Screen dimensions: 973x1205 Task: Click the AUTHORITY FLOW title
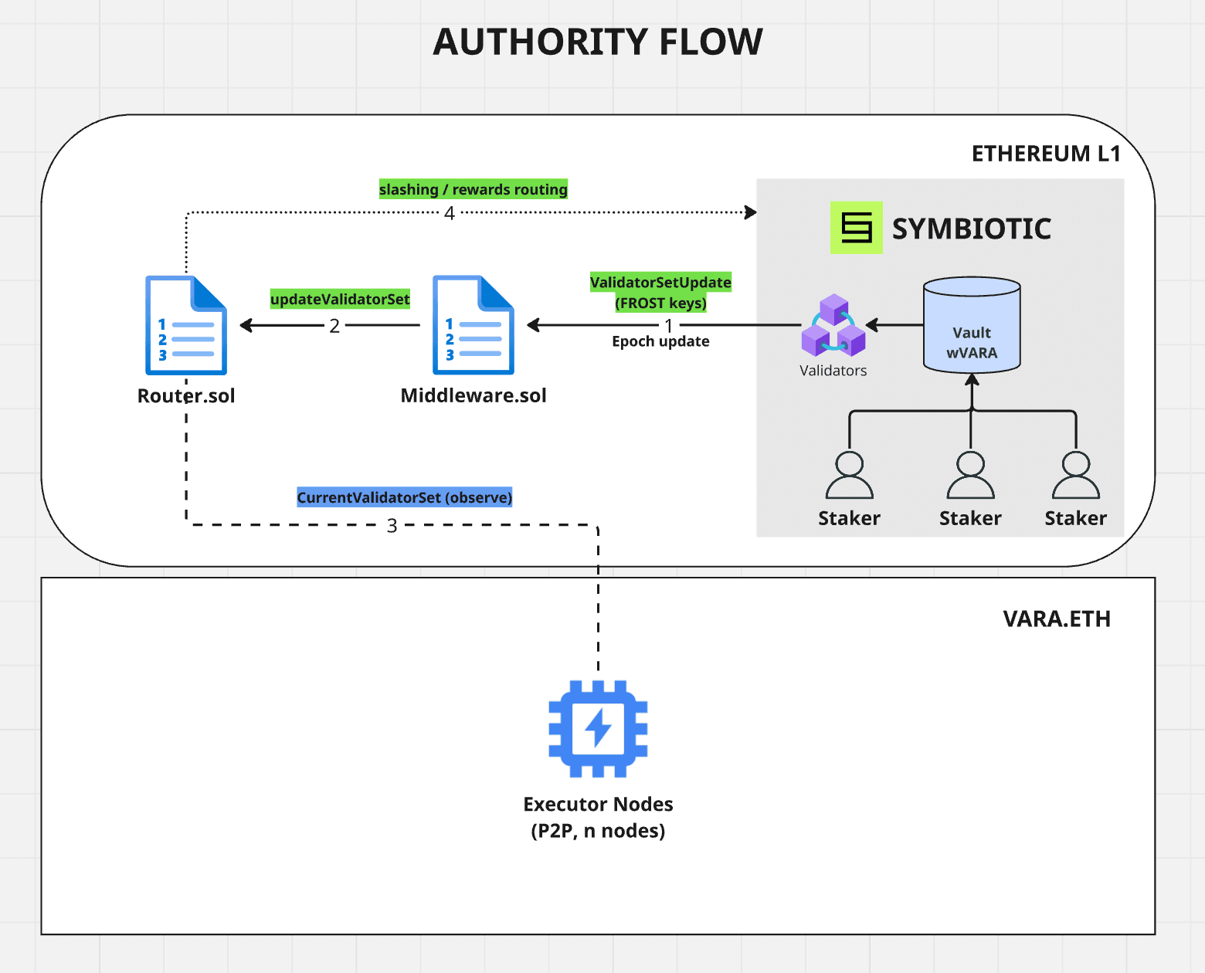pos(597,42)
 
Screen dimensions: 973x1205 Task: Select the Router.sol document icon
pos(186,325)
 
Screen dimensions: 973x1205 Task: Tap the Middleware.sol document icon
pos(473,325)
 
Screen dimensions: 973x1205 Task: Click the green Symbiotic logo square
pos(856,228)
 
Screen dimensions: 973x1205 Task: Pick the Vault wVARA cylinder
pos(972,325)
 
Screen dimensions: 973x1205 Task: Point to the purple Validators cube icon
pos(833,325)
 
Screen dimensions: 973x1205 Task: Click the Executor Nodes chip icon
pos(598,728)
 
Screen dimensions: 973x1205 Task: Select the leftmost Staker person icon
pos(849,476)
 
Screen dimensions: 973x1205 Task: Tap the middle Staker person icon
pos(970,476)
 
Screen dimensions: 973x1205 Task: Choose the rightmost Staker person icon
pos(1075,476)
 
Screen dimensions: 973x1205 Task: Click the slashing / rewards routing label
pos(473,189)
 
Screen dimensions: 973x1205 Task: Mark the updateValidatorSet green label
pos(340,299)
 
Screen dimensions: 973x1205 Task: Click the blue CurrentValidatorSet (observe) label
pos(404,497)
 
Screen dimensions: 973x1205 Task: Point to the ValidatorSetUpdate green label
pos(660,283)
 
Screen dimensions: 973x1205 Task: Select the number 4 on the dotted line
pos(450,213)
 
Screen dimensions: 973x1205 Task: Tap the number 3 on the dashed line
pos(392,526)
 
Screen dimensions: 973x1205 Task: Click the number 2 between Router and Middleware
pos(334,326)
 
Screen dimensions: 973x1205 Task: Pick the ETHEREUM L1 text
pos(1046,154)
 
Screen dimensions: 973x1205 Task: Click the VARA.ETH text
pos(1056,619)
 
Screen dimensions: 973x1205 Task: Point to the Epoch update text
pos(660,341)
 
